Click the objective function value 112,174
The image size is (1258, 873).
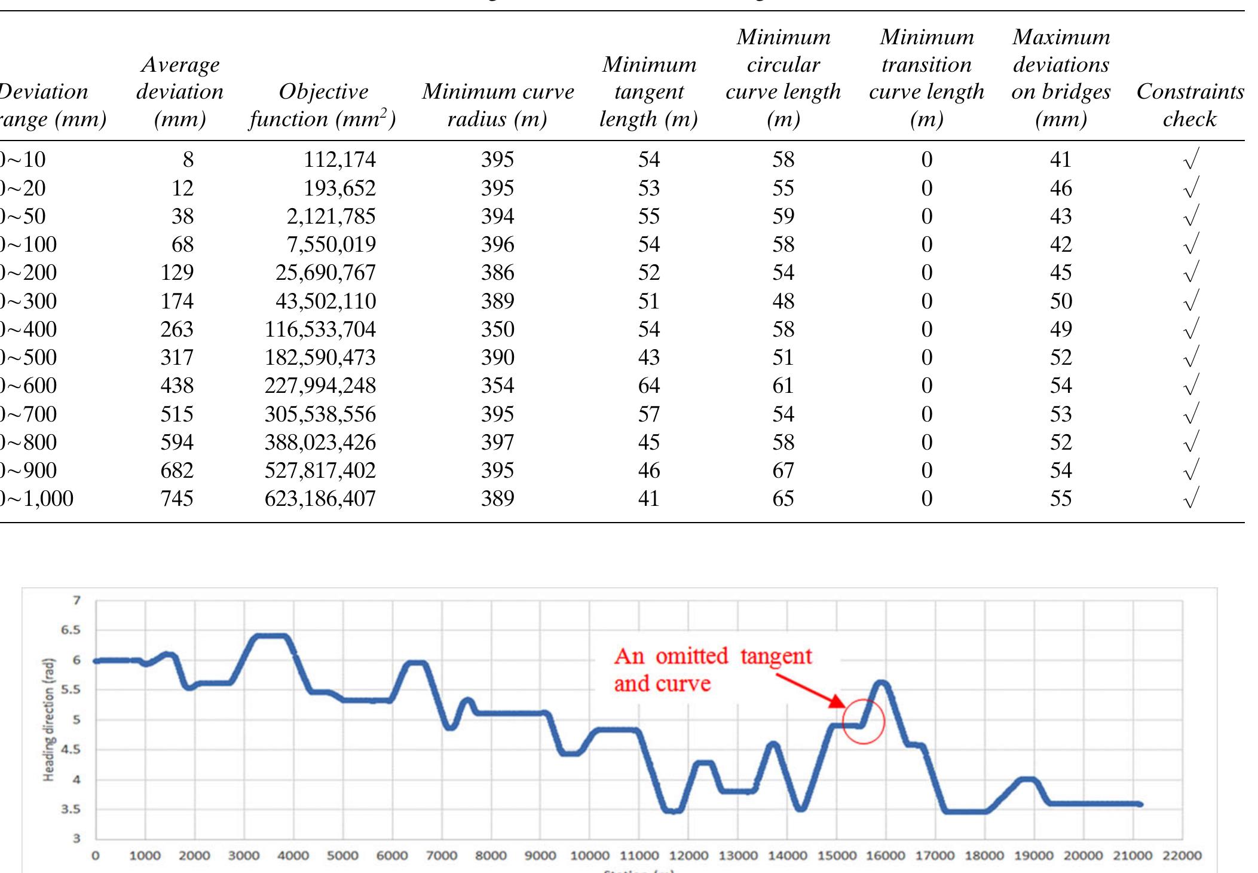339,160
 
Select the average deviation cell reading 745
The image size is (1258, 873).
177,499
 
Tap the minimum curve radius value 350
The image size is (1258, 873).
497,329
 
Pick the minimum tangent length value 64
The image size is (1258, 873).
648,386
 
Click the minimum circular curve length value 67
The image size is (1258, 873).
783,471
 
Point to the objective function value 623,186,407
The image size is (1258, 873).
320,499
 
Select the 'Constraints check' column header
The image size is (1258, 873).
1190,105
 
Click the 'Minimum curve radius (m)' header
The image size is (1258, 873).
497,105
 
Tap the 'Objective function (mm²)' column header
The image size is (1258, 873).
323,105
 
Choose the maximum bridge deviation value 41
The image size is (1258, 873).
1061,160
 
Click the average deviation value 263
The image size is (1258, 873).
177,329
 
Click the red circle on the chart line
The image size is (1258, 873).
864,722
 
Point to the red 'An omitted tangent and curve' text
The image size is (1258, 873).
712,670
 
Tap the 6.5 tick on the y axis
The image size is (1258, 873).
71,630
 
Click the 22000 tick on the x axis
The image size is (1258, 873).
1182,856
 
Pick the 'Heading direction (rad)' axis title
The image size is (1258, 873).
49,720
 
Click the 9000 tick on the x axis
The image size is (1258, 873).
540,856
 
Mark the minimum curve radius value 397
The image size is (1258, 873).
497,442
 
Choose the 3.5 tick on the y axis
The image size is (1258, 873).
71,810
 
